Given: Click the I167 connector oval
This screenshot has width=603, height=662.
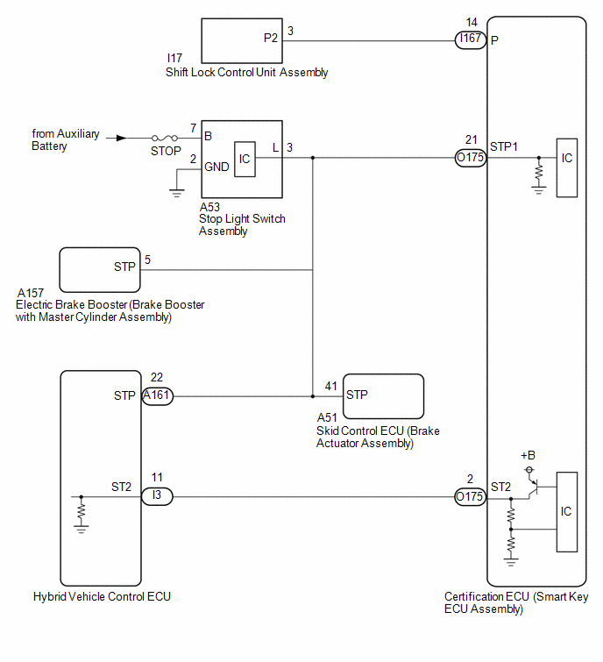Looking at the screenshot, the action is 471,40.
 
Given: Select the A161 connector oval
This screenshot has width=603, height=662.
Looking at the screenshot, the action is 157,396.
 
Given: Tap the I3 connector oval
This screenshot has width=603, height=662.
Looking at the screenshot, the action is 157,496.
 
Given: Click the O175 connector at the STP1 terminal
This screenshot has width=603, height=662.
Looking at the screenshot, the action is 471,158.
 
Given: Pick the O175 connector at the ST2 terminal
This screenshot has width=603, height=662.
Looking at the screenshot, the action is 471,496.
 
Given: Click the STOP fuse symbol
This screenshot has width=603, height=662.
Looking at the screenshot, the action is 165,138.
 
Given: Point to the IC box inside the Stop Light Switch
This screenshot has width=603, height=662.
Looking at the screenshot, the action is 245,160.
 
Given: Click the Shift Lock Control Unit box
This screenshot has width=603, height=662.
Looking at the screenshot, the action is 242,41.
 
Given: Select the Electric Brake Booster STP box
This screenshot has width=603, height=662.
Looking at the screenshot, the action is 100,270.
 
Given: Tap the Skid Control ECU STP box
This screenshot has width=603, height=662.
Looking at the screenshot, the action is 383,396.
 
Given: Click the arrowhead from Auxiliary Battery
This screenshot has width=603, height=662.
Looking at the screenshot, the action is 121,138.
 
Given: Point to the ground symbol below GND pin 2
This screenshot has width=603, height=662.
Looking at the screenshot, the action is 176,193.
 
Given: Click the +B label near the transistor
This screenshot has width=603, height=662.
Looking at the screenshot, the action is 528,455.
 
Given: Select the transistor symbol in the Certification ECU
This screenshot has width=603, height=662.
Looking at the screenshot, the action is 533,488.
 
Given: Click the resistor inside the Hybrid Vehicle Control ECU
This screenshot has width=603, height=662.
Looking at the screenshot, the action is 82,512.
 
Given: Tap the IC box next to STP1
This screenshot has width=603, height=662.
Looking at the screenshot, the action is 567,167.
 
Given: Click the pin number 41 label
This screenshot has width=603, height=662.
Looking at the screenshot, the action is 330,386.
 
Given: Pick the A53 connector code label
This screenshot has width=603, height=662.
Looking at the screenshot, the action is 209,207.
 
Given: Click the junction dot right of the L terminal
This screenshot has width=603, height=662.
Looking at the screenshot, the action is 313,158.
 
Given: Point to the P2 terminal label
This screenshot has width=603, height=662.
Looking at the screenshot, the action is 271,38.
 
